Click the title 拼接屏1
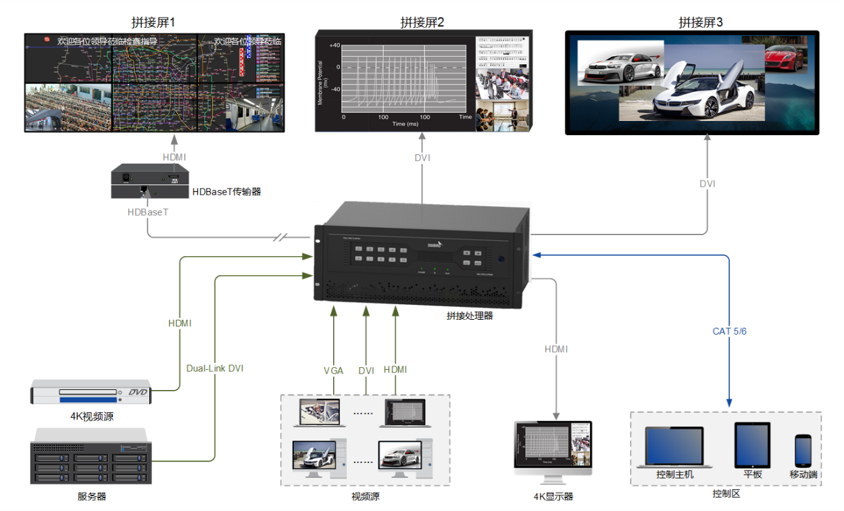click(x=153, y=22)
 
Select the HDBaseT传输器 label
click(x=226, y=192)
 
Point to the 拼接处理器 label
click(x=470, y=315)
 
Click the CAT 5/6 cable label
click(x=729, y=331)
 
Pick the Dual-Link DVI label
click(x=215, y=368)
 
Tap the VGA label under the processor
click(x=334, y=370)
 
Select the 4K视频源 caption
click(x=92, y=416)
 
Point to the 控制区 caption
click(x=726, y=493)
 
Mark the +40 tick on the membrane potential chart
click(x=334, y=45)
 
